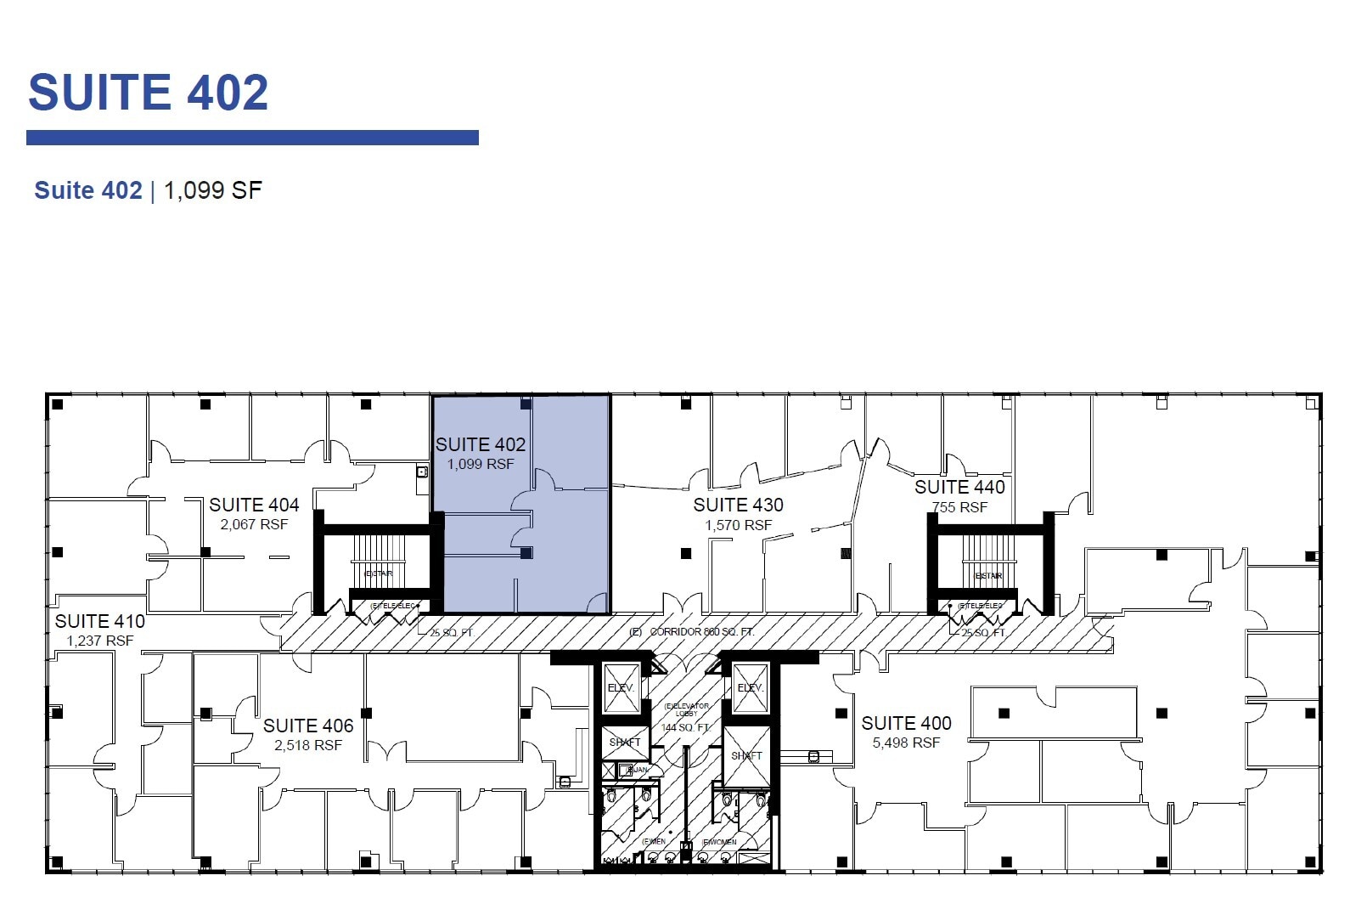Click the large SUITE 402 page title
149,93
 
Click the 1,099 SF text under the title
212,190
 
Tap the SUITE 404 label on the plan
254,506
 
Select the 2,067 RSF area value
254,525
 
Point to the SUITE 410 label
99,622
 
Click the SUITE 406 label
307,726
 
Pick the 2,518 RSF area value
307,746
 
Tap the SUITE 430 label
738,506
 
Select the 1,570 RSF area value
738,526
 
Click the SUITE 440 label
959,488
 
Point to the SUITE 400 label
906,724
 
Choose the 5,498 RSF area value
906,743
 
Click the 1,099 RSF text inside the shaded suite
481,465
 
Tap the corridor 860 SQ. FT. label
701,632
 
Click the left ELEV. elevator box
621,687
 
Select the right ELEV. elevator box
751,687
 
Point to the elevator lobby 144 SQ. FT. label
685,727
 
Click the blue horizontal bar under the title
252,138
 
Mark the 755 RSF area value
959,508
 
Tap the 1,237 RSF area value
99,641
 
